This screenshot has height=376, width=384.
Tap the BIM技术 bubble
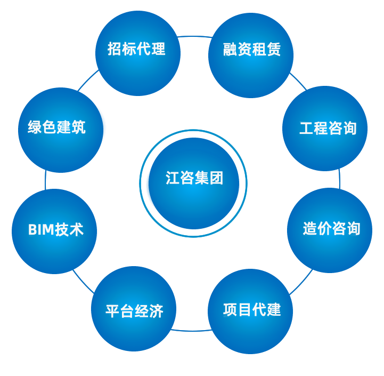point(55,231)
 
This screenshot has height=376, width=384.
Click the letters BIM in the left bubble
point(41,230)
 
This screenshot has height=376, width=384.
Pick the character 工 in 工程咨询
point(306,129)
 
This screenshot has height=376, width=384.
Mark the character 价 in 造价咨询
point(324,229)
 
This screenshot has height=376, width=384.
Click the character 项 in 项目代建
point(230,309)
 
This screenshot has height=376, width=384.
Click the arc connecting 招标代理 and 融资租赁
point(194,37)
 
